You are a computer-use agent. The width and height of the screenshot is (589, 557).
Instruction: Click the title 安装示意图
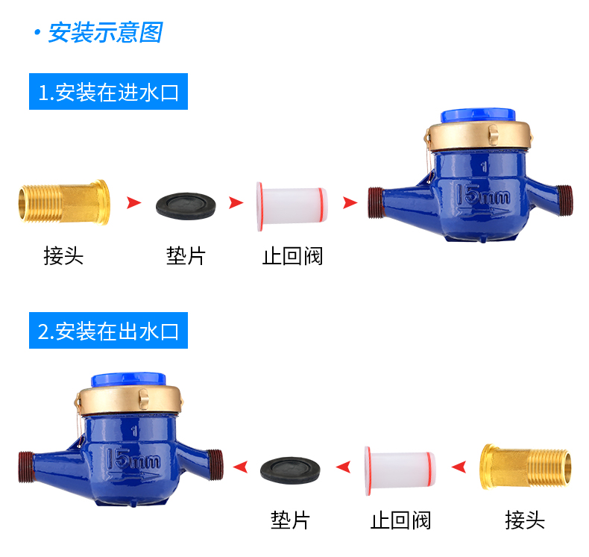pyautogui.click(x=106, y=32)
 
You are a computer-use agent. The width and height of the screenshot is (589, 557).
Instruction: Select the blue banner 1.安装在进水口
pyautogui.click(x=108, y=91)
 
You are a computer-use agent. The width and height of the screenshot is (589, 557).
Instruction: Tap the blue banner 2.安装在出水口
pyautogui.click(x=108, y=330)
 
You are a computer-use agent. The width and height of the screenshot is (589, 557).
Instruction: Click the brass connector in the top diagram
pyautogui.click(x=64, y=202)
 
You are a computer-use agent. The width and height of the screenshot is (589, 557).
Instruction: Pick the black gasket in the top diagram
pyautogui.click(x=186, y=206)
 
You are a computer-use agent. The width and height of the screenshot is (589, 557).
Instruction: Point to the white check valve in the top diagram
pyautogui.click(x=292, y=206)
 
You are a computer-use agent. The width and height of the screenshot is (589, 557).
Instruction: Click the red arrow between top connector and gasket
pyautogui.click(x=133, y=202)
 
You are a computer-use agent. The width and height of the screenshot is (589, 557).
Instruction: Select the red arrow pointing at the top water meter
pyautogui.click(x=350, y=202)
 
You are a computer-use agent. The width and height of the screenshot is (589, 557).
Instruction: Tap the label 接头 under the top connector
pyautogui.click(x=63, y=256)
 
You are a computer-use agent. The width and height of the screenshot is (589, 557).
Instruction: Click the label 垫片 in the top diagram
pyautogui.click(x=186, y=256)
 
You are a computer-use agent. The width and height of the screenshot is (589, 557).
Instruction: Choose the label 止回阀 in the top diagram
pyautogui.click(x=292, y=256)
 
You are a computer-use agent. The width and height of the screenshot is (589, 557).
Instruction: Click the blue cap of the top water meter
pyautogui.click(x=478, y=116)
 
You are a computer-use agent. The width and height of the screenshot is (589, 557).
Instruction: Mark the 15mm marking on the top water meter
pyautogui.click(x=482, y=195)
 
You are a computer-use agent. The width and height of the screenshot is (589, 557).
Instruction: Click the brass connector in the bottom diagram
pyautogui.click(x=526, y=467)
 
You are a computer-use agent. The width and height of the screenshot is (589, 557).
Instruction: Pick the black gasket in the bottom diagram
pyautogui.click(x=290, y=470)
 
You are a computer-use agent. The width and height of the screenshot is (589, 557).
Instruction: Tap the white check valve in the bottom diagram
pyautogui.click(x=400, y=471)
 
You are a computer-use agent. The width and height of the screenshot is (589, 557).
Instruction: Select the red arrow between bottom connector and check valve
pyautogui.click(x=459, y=467)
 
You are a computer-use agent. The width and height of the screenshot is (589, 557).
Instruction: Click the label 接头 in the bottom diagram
pyautogui.click(x=525, y=520)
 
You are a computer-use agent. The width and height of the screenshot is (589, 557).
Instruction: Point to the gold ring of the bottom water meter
pyautogui.click(x=128, y=399)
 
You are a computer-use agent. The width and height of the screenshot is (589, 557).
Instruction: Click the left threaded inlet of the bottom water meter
pyautogui.click(x=25, y=467)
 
